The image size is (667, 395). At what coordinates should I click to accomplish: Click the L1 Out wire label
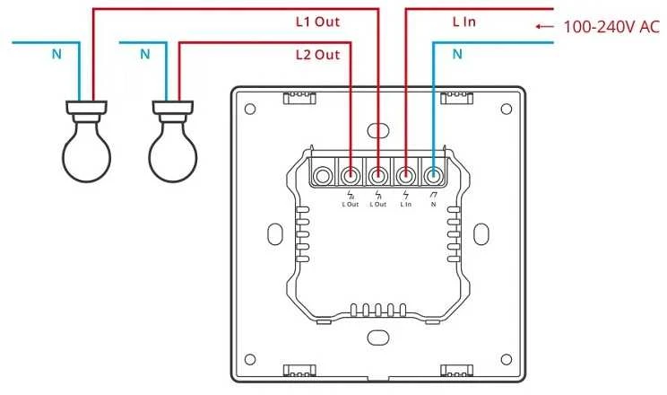point(317,22)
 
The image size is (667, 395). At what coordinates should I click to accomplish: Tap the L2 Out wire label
point(317,55)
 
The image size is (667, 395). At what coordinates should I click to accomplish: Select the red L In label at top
point(463,22)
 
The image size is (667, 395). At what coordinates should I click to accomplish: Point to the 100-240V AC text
point(611,27)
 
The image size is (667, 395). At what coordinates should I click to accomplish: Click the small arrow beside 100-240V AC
point(544,26)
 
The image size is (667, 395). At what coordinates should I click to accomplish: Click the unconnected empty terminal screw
point(323,175)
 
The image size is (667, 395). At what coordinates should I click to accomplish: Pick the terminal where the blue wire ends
point(434,175)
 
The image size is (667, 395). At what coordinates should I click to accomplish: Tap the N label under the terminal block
point(434,205)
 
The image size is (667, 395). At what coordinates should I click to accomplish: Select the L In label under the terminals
point(406,205)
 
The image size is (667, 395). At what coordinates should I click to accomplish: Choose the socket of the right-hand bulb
point(173,111)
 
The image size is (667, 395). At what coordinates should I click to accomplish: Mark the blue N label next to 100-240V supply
point(457,54)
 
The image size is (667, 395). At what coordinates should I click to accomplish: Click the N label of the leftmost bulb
point(56,54)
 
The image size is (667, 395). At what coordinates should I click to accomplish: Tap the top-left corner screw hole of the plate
point(250,110)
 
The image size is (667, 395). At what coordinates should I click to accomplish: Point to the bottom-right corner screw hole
point(507,359)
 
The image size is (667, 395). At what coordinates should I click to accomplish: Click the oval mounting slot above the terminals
point(377,130)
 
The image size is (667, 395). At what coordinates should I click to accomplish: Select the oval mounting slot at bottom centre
point(377,338)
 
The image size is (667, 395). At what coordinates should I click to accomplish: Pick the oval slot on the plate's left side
point(275,234)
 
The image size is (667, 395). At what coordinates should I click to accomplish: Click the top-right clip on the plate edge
point(457,98)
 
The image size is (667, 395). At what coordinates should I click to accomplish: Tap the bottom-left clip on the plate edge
point(299,370)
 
